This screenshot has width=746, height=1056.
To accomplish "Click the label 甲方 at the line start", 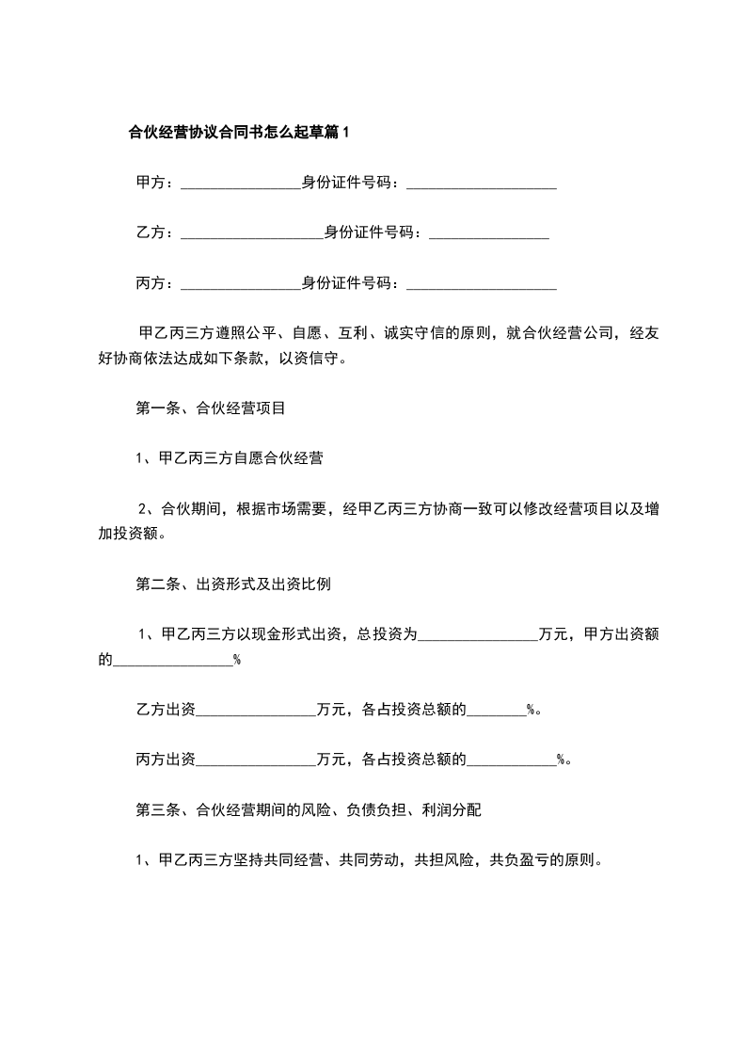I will point(151,183).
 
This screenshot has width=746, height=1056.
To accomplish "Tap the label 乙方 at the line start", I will point(151,232).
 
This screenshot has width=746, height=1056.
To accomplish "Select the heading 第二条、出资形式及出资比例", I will point(233,584).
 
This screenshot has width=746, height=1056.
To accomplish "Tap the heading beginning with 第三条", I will point(310,808).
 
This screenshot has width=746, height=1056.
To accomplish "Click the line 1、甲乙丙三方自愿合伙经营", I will point(230,458).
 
